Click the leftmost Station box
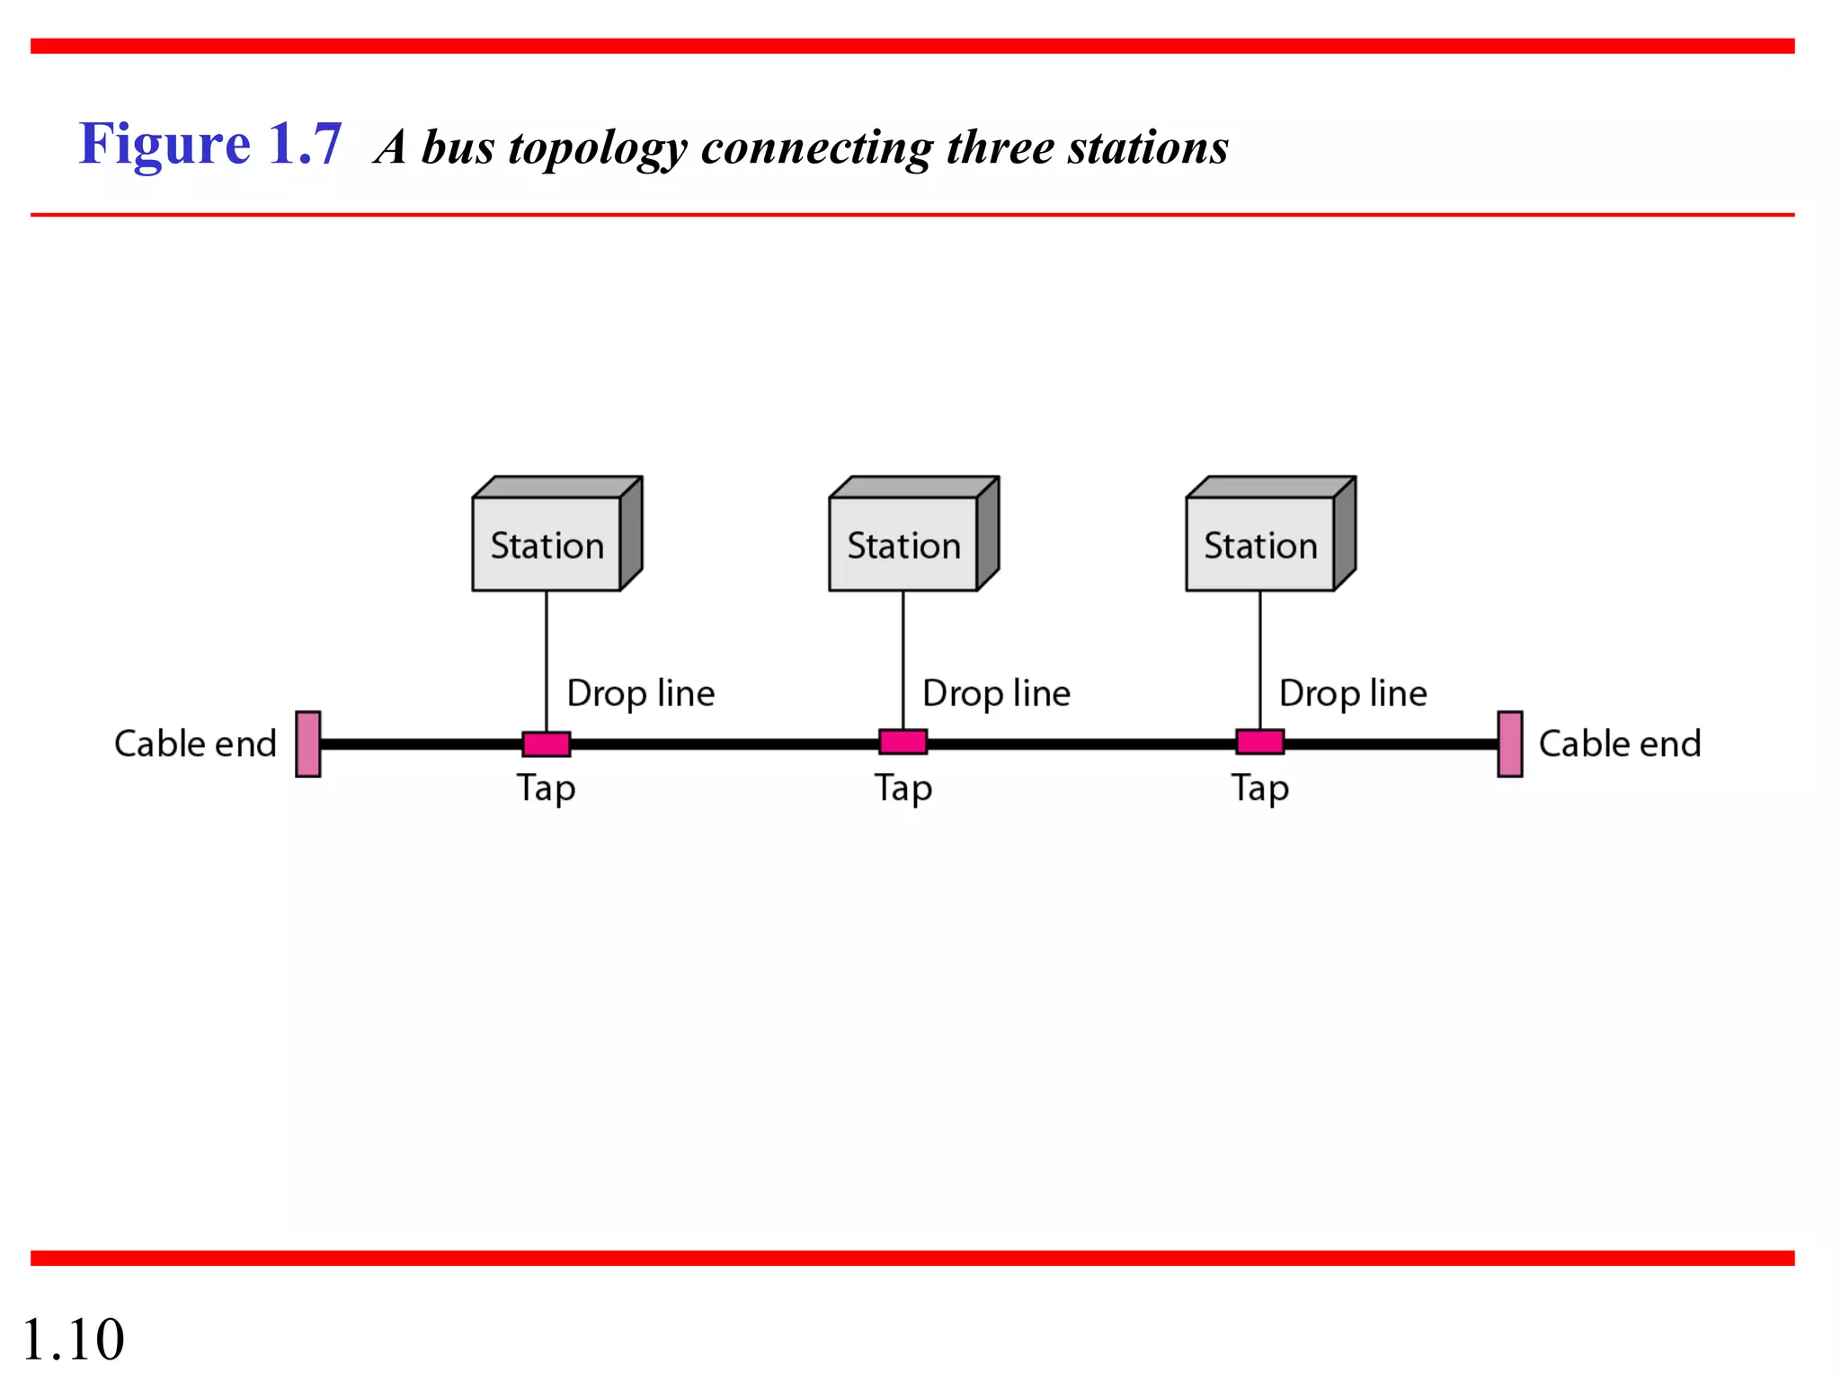547,543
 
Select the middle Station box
904,543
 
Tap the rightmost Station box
1260,543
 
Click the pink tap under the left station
547,744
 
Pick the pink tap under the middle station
903,742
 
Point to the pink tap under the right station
1259,742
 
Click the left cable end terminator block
308,744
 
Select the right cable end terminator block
1510,744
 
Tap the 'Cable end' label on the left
195,744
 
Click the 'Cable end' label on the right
1620,744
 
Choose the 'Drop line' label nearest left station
640,694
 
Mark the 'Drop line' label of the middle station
996,694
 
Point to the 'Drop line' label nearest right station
1353,694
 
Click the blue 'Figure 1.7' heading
210,144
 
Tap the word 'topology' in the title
597,148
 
